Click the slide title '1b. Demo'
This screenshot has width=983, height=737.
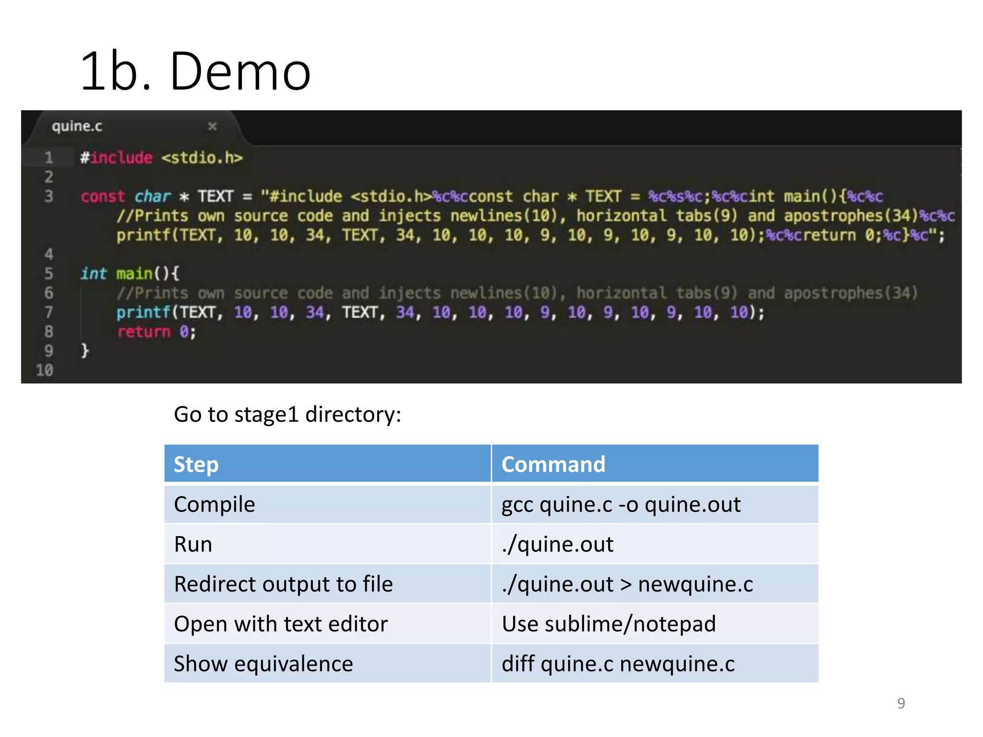(196, 71)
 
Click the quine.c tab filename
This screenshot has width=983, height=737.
(77, 126)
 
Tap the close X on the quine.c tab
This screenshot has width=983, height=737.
(212, 126)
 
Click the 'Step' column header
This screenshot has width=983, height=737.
(196, 464)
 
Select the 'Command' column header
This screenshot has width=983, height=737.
(553, 464)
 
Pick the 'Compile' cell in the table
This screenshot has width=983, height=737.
(214, 504)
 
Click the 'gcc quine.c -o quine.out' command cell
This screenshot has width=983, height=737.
(621, 504)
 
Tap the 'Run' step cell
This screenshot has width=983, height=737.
(193, 544)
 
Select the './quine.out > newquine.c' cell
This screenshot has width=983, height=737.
(627, 584)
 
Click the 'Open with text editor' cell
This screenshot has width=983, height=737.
(281, 624)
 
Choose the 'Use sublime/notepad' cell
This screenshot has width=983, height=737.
(609, 624)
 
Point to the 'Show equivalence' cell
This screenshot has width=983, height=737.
(263, 664)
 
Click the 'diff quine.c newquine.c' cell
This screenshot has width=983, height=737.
(618, 664)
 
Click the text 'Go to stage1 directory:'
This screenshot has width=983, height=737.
(287, 414)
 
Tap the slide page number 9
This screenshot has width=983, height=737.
(901, 703)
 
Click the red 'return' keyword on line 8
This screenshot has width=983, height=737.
(144, 332)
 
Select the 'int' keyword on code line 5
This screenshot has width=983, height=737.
(93, 273)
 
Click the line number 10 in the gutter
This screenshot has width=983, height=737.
(45, 370)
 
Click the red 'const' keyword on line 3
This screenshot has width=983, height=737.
(103, 196)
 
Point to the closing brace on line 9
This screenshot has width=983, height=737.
(85, 351)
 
